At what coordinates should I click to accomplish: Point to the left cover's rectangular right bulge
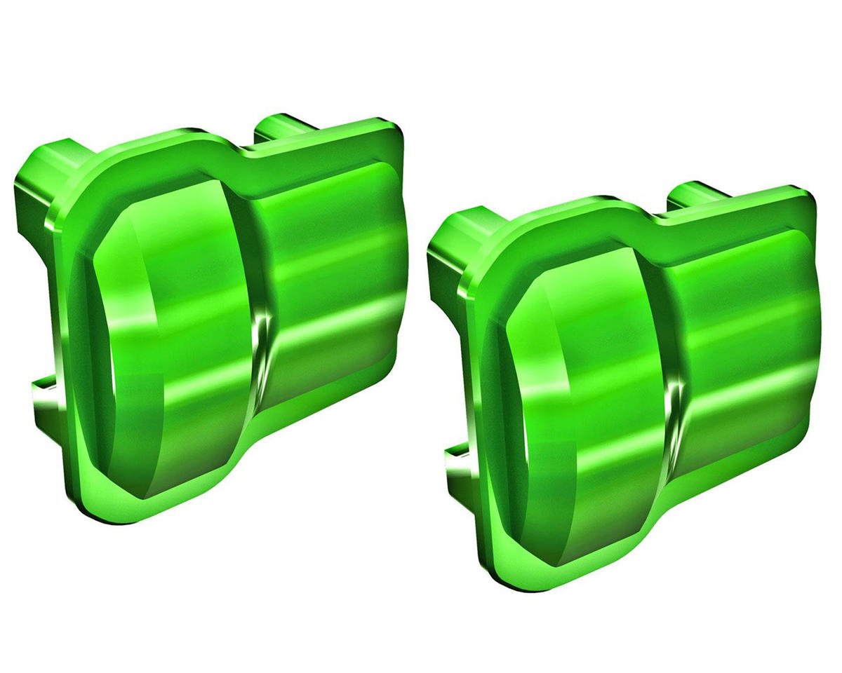click(330, 280)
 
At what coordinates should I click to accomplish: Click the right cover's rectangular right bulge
click(744, 351)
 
